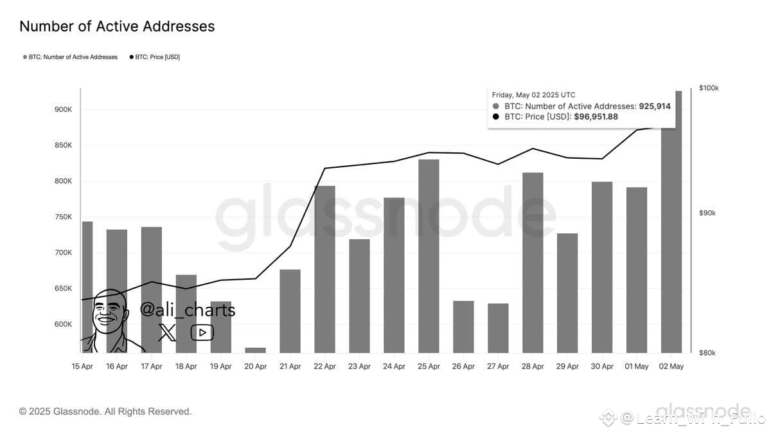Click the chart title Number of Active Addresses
(117, 26)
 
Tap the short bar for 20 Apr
(255, 350)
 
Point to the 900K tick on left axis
(63, 109)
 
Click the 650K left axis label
(63, 289)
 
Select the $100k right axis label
(709, 88)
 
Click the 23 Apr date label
(359, 366)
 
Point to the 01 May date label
(637, 366)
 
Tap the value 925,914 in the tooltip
(654, 106)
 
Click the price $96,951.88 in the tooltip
(596, 117)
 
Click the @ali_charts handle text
(188, 310)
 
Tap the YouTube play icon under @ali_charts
(202, 332)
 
